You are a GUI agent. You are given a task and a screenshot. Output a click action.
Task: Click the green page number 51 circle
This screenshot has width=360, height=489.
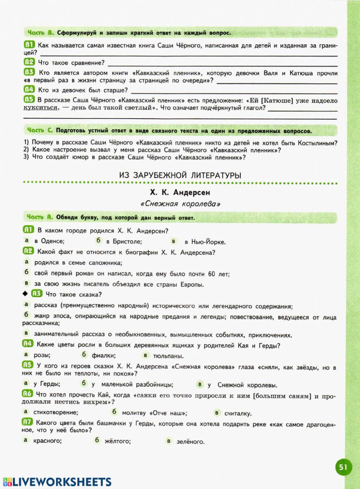coord(343,467)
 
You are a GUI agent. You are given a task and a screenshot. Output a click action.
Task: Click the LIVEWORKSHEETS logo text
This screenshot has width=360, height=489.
coord(57,482)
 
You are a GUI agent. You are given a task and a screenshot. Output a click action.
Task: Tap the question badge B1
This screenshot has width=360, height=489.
coord(29,45)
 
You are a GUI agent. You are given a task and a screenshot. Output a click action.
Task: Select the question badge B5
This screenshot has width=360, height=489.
coord(29,99)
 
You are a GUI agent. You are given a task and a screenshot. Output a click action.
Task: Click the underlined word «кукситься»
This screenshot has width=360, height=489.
coord(40,108)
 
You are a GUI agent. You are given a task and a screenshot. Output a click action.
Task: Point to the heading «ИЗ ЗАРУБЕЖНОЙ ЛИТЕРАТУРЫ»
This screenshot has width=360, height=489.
coord(180,175)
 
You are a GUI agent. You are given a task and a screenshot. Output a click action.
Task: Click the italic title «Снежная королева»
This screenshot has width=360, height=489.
coord(180,204)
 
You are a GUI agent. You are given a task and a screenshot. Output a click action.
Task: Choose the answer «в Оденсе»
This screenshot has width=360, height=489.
coord(49,241)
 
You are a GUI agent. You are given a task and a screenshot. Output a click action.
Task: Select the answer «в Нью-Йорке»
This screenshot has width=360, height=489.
coord(204,242)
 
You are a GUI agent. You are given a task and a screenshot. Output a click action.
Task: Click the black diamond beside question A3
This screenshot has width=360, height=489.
coord(25,294)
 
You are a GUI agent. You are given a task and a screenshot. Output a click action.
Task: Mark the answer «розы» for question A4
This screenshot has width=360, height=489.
coord(42,355)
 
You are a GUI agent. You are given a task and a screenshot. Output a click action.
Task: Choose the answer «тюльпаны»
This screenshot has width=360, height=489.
coord(168,356)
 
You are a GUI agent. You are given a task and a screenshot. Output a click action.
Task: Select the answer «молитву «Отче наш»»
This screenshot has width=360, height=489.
coord(154,413)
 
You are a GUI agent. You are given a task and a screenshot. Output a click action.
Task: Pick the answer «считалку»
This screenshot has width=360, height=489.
coord(238,413)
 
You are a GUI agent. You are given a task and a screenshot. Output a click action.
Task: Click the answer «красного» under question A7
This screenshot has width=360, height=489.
coord(47,440)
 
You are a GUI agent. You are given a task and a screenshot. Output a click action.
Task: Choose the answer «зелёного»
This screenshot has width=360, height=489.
coord(190,441)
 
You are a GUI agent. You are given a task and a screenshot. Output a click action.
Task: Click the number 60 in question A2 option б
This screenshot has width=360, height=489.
coord(211,274)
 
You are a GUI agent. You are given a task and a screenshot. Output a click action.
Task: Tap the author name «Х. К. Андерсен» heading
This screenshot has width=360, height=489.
coord(180,192)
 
